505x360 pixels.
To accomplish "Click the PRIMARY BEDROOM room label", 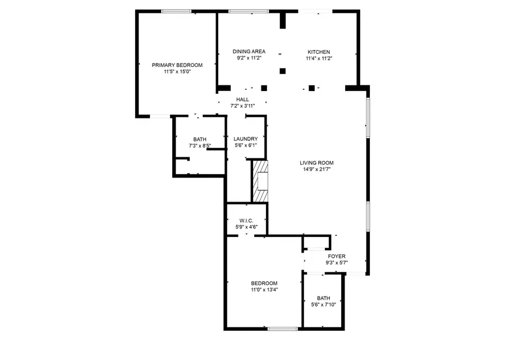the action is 177,65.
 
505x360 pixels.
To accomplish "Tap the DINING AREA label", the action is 249,52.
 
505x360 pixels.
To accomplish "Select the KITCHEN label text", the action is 319,52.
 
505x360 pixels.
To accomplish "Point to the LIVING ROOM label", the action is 316,163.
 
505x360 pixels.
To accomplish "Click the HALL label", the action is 242,99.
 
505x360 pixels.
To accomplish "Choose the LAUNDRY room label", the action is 246,139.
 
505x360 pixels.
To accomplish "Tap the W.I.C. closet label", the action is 246,221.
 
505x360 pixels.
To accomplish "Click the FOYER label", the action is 337,256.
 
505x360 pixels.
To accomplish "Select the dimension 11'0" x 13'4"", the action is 264,290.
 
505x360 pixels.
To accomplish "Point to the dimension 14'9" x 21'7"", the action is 316,169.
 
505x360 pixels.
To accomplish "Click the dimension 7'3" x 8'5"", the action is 200,145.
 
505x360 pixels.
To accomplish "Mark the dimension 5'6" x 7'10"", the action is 323,304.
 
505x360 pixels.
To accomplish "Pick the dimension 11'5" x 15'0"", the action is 177,71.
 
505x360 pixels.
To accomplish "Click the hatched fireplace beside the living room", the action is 260,181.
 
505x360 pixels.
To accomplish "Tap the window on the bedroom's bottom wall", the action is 283,329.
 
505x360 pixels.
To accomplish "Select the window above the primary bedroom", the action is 176,12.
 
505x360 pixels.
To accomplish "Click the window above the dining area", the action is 249,12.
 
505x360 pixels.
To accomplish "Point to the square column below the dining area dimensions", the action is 282,71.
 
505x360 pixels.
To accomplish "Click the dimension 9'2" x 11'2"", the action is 249,58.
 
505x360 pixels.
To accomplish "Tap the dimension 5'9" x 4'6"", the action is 246,227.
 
